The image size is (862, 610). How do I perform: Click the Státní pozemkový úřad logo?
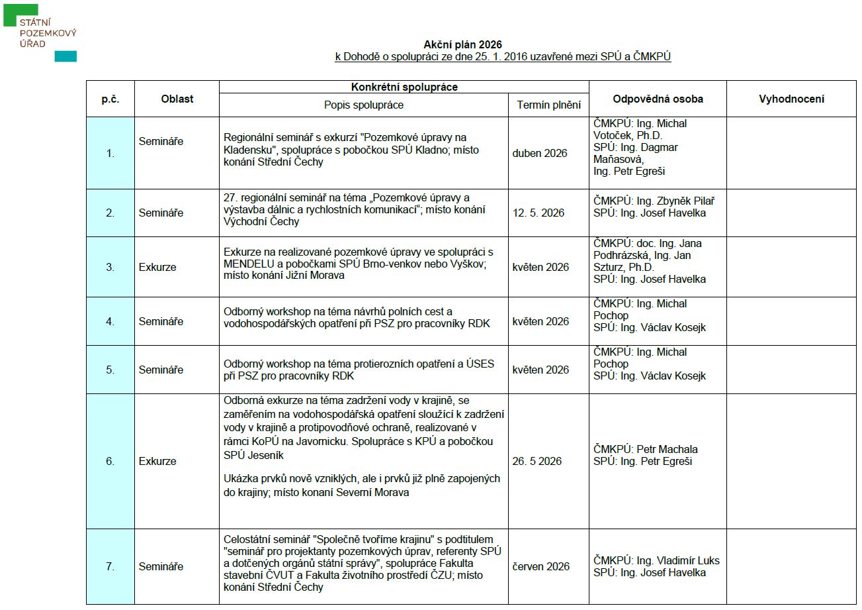pos(39,33)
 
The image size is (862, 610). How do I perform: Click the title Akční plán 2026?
pos(467,45)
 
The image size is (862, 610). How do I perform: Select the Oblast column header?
pos(177,99)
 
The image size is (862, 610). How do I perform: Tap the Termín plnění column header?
pos(548,105)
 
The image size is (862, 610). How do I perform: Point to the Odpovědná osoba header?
pos(658,99)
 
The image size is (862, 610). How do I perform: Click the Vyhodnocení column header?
pos(791,99)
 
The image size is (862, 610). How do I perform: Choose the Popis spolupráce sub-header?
pos(363,105)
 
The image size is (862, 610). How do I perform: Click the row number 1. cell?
pos(110,153)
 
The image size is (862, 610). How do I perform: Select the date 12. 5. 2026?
pos(538,213)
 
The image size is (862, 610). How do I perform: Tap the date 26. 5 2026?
pos(537,461)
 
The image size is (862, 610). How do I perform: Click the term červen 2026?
pos(540,566)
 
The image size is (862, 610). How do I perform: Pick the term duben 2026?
pos(539,153)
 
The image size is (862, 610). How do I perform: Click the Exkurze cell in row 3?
pos(157,267)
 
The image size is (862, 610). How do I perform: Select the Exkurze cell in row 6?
pos(157,461)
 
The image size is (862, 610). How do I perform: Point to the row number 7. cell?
pos(110,566)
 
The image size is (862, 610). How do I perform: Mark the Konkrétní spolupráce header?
pos(404,87)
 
